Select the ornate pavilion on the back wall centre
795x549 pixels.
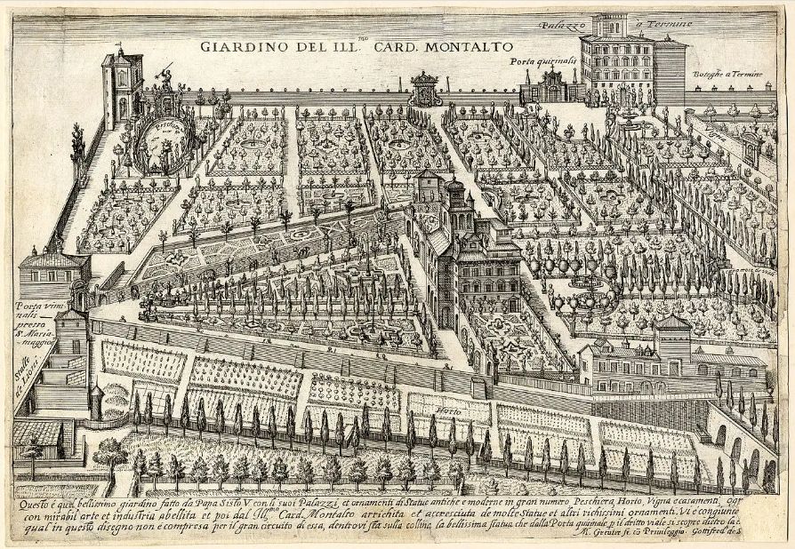click(x=424, y=89)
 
